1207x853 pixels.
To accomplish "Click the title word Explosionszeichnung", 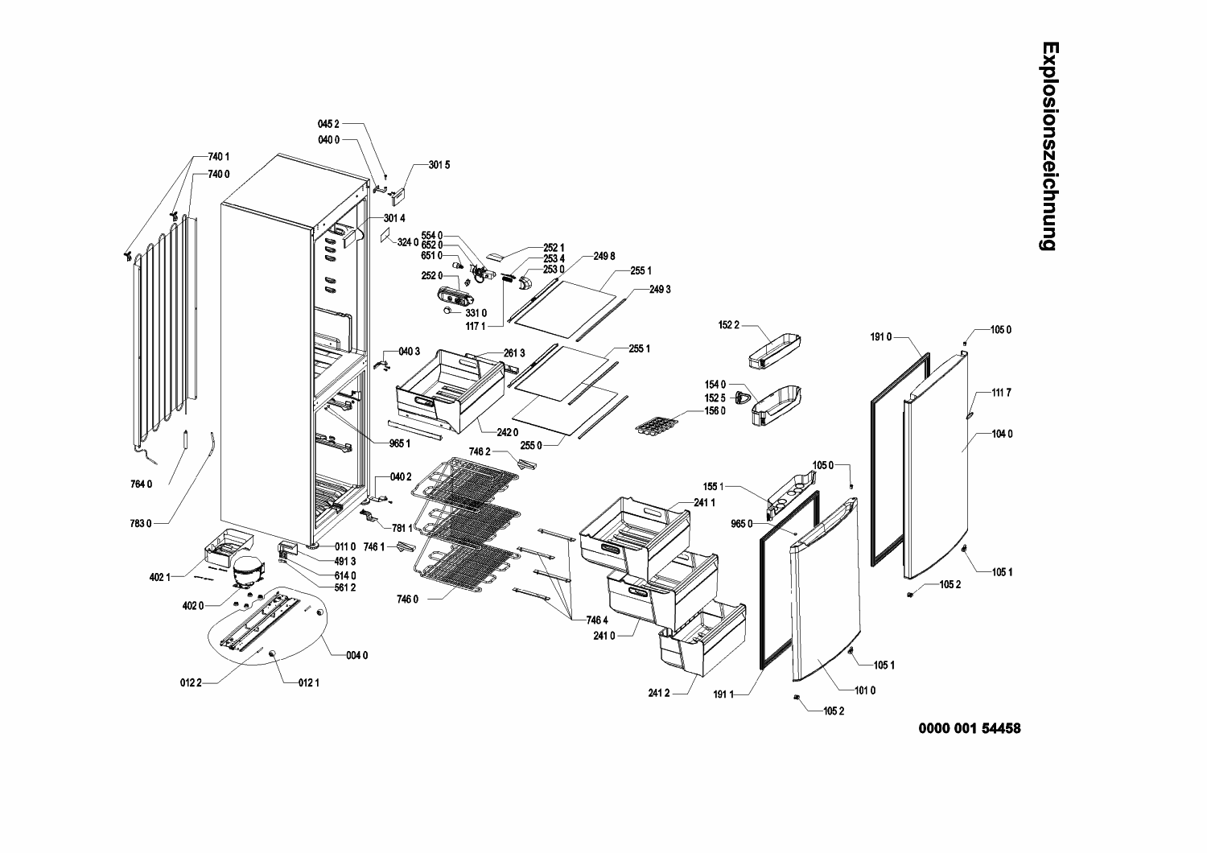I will (1048, 146).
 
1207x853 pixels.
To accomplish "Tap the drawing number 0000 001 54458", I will (970, 728).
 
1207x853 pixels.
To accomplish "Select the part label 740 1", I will (219, 156).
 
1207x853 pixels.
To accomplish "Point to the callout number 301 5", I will (439, 165).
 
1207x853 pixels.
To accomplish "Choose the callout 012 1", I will (309, 683).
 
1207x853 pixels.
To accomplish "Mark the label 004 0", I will (357, 655).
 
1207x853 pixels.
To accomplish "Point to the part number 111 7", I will (1001, 393).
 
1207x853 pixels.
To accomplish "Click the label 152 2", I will (727, 325).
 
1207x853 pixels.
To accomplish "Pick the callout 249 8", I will (604, 256).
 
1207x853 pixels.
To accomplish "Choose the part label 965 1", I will (400, 443).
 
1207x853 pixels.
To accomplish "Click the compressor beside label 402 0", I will (246, 570).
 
